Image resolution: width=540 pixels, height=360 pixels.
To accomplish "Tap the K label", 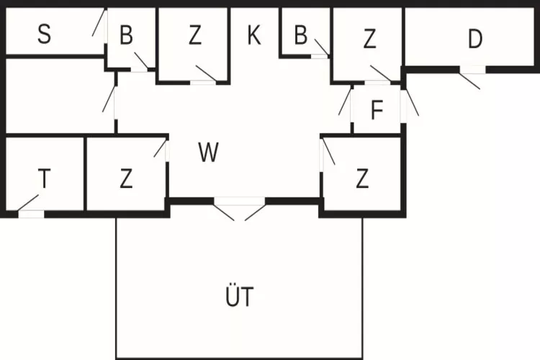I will pyautogui.click(x=253, y=35).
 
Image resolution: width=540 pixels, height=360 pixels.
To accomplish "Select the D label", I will pyautogui.click(x=474, y=40).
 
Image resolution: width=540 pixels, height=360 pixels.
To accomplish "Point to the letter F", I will pyautogui.click(x=377, y=111).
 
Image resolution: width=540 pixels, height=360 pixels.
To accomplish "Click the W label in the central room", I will pyautogui.click(x=208, y=153).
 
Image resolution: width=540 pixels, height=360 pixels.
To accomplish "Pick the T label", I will pyautogui.click(x=44, y=179).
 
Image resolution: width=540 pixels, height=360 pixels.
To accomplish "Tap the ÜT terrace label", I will pyautogui.click(x=239, y=296).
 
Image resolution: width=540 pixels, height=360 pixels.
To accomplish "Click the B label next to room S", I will pyautogui.click(x=127, y=36).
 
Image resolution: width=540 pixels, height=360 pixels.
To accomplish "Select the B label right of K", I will pyautogui.click(x=301, y=34).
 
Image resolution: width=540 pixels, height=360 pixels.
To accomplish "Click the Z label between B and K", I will pyautogui.click(x=194, y=36).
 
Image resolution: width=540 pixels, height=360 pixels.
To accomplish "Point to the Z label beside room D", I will pyautogui.click(x=369, y=40).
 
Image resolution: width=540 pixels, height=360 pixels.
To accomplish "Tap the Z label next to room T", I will pyautogui.click(x=126, y=179).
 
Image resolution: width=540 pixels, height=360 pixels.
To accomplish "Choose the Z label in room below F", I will pyautogui.click(x=362, y=179).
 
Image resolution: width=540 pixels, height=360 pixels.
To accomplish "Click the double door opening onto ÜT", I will pyautogui.click(x=239, y=209).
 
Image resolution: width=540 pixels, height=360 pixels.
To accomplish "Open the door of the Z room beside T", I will pyautogui.click(x=161, y=148).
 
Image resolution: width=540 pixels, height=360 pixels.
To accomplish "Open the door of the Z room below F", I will pyautogui.click(x=328, y=153).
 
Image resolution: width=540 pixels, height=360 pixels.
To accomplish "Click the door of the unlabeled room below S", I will pyautogui.click(x=111, y=101).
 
